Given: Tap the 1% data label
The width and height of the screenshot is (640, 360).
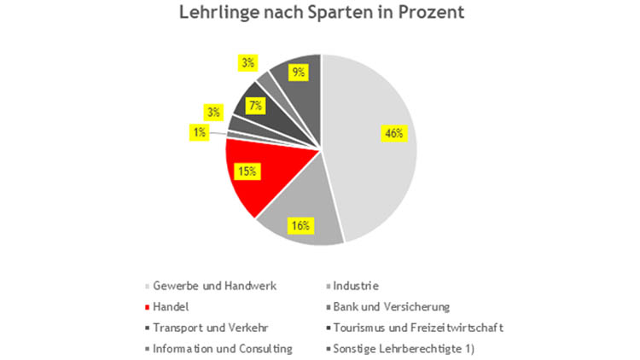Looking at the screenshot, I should pyautogui.click(x=197, y=131).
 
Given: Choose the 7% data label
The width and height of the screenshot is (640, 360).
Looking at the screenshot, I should pyautogui.click(x=254, y=106).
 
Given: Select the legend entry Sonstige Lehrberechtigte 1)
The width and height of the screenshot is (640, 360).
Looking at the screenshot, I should pyautogui.click(x=412, y=347).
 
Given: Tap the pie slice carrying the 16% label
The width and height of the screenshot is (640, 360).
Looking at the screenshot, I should pyautogui.click(x=294, y=213).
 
